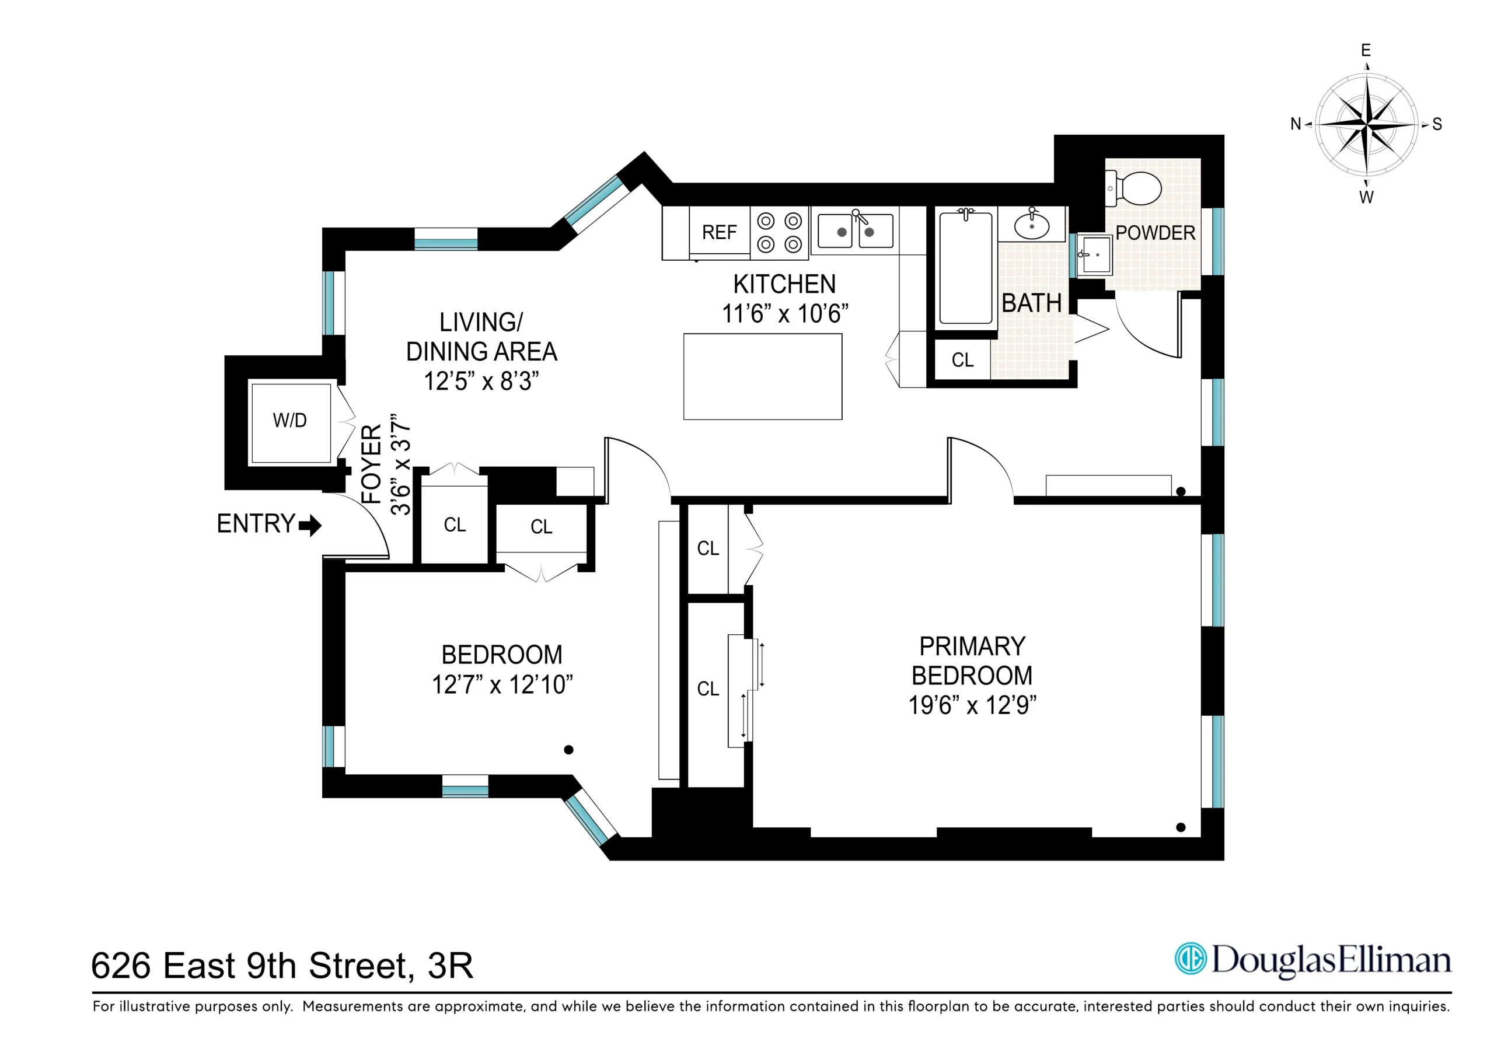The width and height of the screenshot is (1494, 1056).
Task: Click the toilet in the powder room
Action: click(1139, 188)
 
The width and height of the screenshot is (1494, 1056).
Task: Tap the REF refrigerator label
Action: click(719, 232)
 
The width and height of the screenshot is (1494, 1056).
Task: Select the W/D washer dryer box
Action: click(290, 421)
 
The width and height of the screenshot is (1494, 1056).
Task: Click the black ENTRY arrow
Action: click(310, 525)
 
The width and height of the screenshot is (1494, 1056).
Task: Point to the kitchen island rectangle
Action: click(762, 377)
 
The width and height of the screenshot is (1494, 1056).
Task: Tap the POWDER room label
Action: click(1155, 233)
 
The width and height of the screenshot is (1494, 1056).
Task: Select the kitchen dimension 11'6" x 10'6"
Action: click(785, 314)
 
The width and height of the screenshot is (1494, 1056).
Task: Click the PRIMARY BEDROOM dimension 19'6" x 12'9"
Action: click(972, 705)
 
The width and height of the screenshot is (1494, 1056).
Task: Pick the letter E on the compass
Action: click(1366, 51)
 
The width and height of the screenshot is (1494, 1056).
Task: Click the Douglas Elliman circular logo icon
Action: click(1190, 959)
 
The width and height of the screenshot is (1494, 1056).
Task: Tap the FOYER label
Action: click(371, 464)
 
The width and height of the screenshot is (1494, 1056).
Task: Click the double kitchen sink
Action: click(855, 232)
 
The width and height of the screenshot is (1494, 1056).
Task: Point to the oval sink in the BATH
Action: click(1031, 226)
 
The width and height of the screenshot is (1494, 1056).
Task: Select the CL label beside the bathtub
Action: click(962, 361)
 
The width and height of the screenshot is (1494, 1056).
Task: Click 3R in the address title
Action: click(451, 966)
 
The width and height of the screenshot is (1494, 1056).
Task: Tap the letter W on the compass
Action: click(1366, 198)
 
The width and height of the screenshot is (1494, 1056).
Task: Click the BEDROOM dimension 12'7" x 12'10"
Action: click(502, 684)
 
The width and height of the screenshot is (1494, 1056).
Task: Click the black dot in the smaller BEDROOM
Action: click(568, 750)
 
